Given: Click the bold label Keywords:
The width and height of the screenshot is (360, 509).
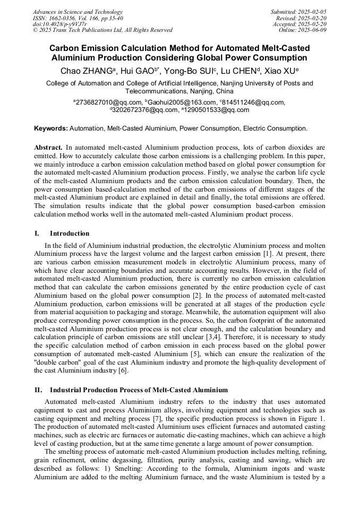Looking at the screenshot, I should pyautogui.click(x=51, y=128).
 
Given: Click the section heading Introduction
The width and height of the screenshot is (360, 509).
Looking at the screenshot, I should pyautogui.click(x=70, y=233).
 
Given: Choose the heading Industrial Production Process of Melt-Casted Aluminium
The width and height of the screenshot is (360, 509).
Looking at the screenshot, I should pyautogui.click(x=139, y=390).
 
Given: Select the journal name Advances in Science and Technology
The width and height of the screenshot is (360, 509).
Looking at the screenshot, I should pyautogui.click(x=78, y=12).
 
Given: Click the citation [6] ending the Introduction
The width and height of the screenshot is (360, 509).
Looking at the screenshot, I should pyautogui.click(x=123, y=370).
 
